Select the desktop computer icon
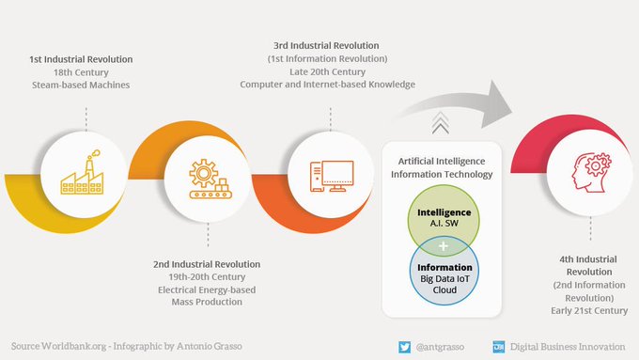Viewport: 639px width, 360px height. point(332,175)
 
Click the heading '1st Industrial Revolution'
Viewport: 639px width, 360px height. point(81,59)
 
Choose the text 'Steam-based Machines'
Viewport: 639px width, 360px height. point(81,86)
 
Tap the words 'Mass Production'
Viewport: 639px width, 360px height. point(207,303)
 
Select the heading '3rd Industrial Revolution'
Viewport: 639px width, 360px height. point(327,45)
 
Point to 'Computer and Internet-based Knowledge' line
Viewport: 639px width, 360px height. point(327,85)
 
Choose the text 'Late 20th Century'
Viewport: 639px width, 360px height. point(327,71)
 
